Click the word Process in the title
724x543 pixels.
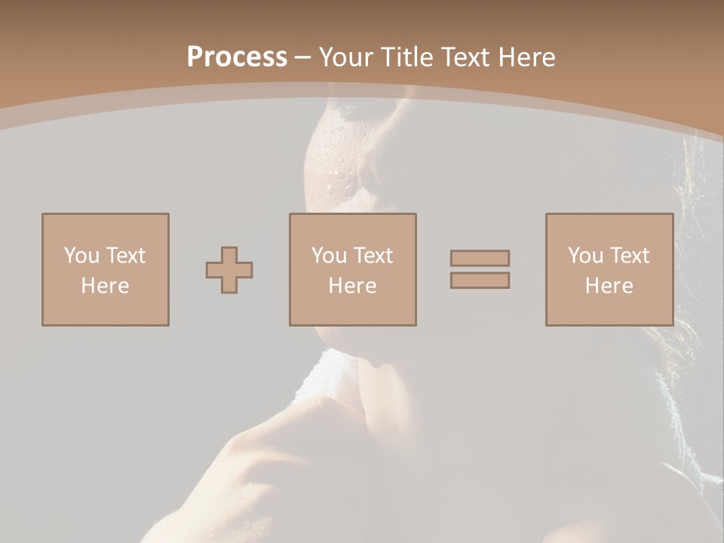(237, 57)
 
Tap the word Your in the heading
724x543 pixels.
(345, 57)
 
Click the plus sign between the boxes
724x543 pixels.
(229, 270)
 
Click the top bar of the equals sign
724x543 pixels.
(480, 259)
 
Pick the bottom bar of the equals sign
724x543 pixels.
(480, 280)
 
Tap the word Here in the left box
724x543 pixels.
(105, 286)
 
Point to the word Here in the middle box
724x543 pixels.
(352, 286)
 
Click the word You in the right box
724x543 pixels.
(586, 256)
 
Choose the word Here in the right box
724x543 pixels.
(609, 286)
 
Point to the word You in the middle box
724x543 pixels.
(330, 256)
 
